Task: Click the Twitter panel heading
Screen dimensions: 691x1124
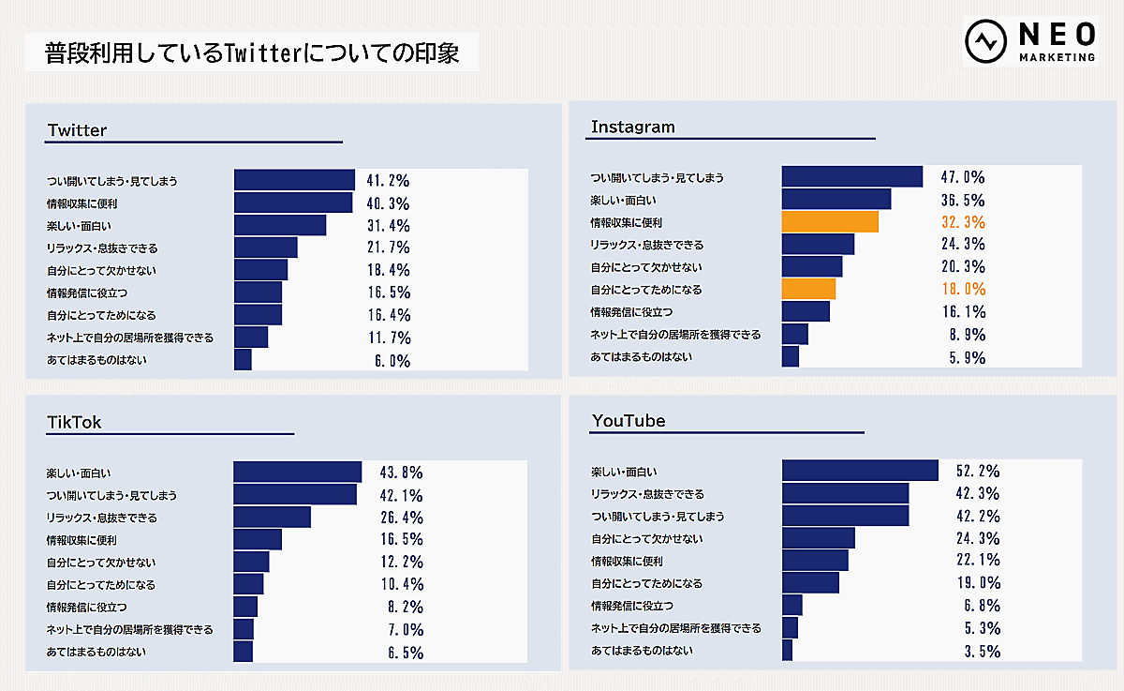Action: click(x=77, y=130)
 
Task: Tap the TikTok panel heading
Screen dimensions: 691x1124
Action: click(x=74, y=423)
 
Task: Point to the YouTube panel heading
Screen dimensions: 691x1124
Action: click(x=629, y=421)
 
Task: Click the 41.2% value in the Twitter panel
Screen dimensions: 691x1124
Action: click(x=389, y=181)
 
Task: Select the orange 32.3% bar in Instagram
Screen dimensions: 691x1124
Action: click(x=830, y=222)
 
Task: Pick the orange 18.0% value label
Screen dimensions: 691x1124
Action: click(x=963, y=290)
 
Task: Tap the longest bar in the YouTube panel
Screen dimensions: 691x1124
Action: click(x=860, y=472)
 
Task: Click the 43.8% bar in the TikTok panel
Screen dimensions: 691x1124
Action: click(x=297, y=473)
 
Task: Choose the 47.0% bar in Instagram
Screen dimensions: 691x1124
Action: click(x=852, y=177)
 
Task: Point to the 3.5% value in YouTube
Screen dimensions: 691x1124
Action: click(x=983, y=652)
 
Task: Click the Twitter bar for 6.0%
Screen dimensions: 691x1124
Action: click(x=243, y=360)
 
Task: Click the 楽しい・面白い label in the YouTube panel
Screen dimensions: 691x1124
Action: click(x=624, y=472)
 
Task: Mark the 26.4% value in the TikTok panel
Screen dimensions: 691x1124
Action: click(x=403, y=518)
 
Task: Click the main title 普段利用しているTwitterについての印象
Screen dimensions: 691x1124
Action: click(x=252, y=53)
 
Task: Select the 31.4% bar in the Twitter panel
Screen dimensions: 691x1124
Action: click(x=279, y=226)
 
